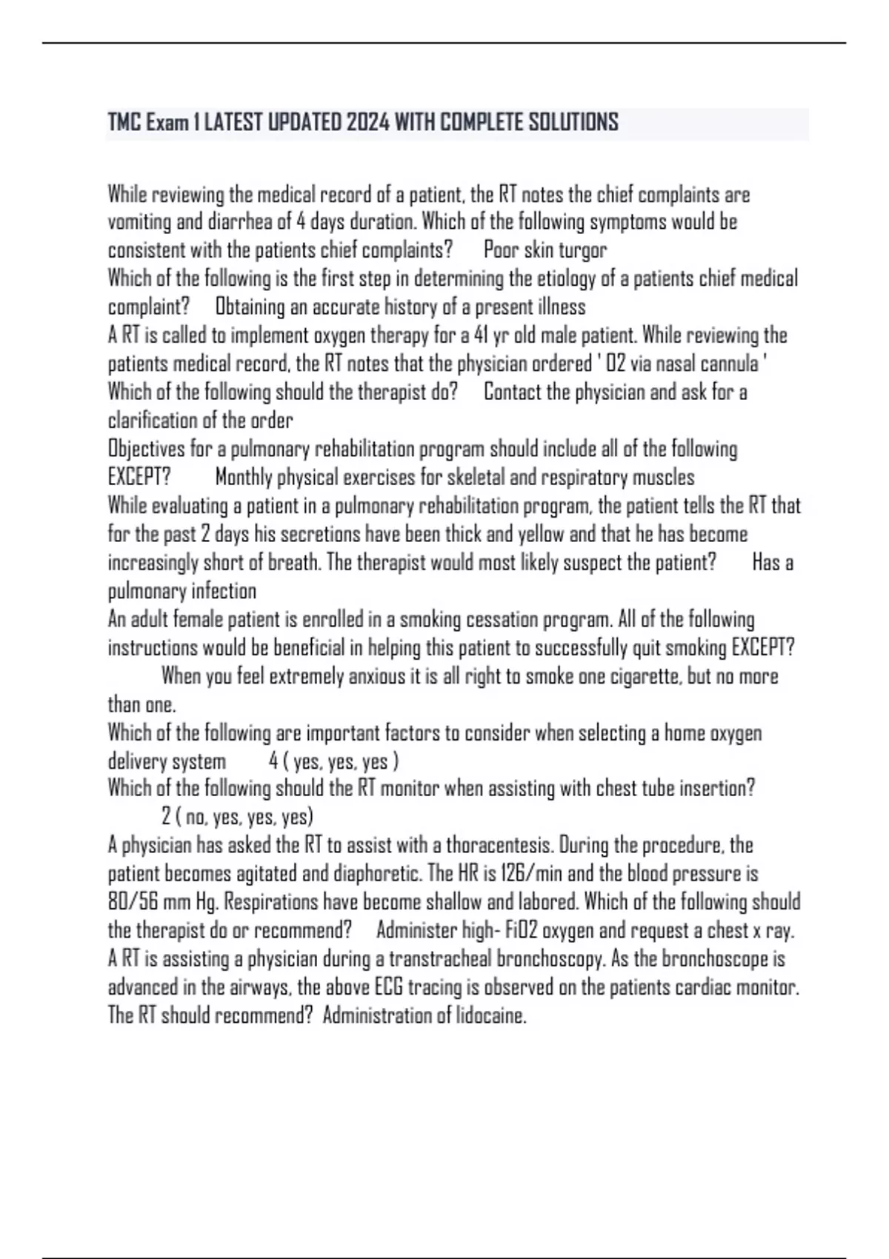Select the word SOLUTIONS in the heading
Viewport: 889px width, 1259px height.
(573, 122)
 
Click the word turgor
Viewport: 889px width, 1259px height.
(582, 250)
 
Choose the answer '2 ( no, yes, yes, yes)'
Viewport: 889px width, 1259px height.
(237, 817)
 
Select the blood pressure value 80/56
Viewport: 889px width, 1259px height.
(132, 902)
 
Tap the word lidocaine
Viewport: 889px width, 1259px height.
(489, 1015)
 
